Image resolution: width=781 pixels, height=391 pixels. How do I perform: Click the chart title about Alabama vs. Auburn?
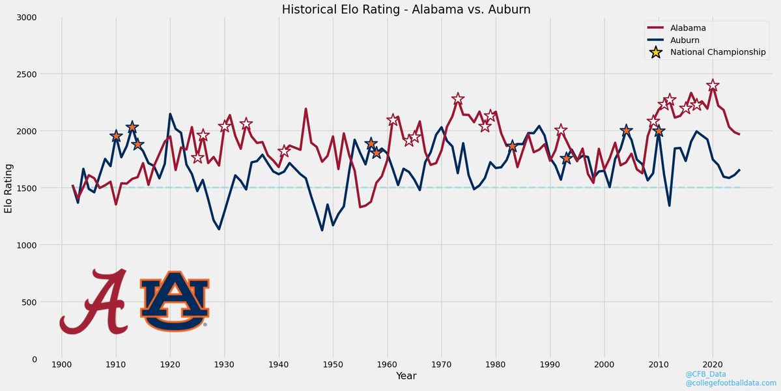point(390,9)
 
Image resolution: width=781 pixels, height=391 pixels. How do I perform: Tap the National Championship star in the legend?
point(656,52)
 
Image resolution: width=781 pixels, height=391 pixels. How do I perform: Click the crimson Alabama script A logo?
point(94,302)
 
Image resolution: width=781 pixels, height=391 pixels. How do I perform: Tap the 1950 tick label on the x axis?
point(333,364)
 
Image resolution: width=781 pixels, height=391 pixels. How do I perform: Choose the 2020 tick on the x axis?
point(713,364)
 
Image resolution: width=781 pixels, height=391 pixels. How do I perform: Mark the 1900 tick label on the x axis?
point(62,364)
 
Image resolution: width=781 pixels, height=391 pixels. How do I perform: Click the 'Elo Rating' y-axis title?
point(8,188)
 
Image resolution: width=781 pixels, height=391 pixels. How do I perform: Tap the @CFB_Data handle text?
point(705,374)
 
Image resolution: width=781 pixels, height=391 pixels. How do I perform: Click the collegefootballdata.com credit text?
point(731,383)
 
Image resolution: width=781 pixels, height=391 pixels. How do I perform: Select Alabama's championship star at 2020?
point(713,85)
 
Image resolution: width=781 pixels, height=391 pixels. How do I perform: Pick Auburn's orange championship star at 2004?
point(626,130)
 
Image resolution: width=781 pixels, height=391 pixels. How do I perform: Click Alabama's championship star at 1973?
point(458,99)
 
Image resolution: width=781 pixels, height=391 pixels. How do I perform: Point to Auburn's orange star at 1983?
point(512,146)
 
